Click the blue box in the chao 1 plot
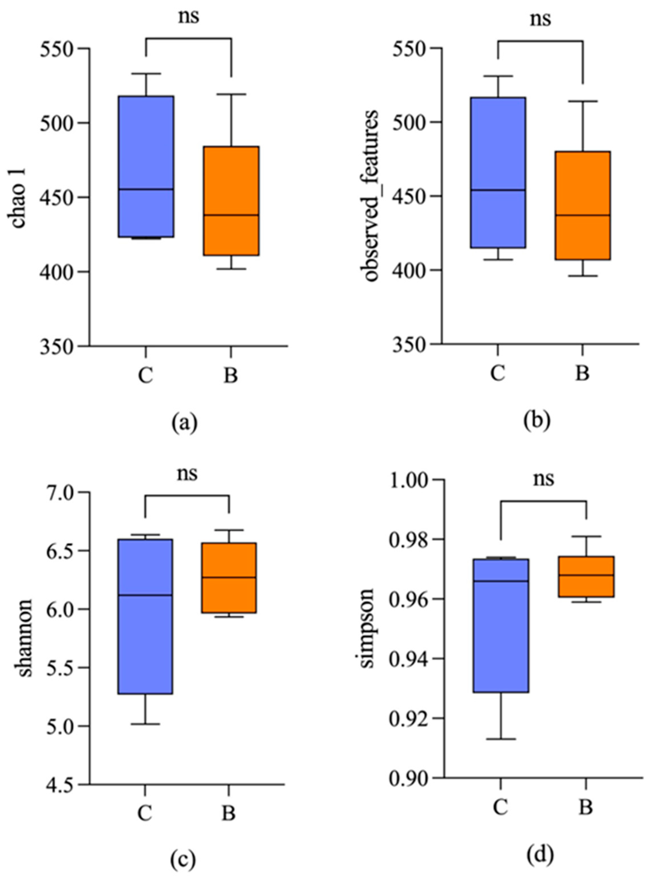(147, 165)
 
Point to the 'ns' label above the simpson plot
(544, 479)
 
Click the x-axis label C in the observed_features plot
(498, 373)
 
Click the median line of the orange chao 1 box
(231, 215)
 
